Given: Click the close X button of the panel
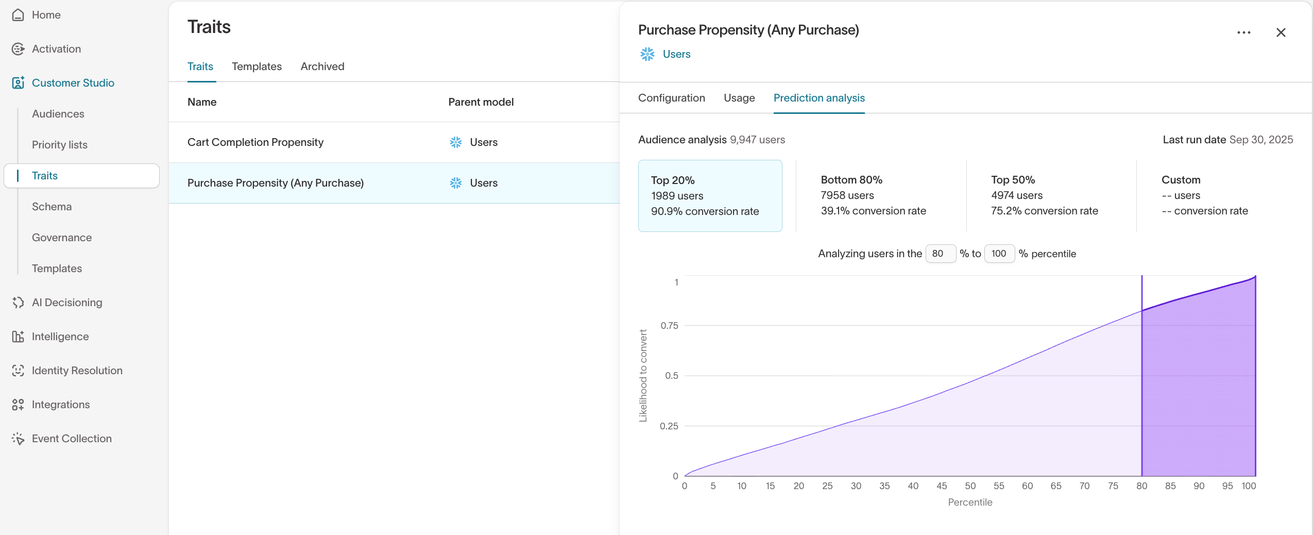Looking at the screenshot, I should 1281,32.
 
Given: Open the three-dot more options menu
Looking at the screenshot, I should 1243,32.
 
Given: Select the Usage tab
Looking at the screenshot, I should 739,98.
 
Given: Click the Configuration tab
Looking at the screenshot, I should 671,98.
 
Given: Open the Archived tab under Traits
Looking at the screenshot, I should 322,66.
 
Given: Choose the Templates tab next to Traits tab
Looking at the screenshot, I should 257,66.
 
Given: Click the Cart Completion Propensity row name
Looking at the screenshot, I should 255,142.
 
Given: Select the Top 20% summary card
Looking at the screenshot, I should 710,195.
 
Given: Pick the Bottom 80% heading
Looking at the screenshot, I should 851,180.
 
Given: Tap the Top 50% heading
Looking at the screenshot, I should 1012,180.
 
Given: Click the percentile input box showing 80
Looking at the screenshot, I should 940,254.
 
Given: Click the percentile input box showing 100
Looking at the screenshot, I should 999,254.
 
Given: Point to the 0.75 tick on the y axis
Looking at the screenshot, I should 669,326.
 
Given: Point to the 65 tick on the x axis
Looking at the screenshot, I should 1055,486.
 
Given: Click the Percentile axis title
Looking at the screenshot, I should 969,502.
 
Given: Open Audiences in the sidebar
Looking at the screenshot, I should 58,114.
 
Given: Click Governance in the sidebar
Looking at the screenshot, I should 62,238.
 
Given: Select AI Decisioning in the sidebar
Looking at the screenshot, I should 67,303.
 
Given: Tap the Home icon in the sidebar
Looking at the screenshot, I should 18,15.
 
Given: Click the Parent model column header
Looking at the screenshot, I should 481,102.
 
